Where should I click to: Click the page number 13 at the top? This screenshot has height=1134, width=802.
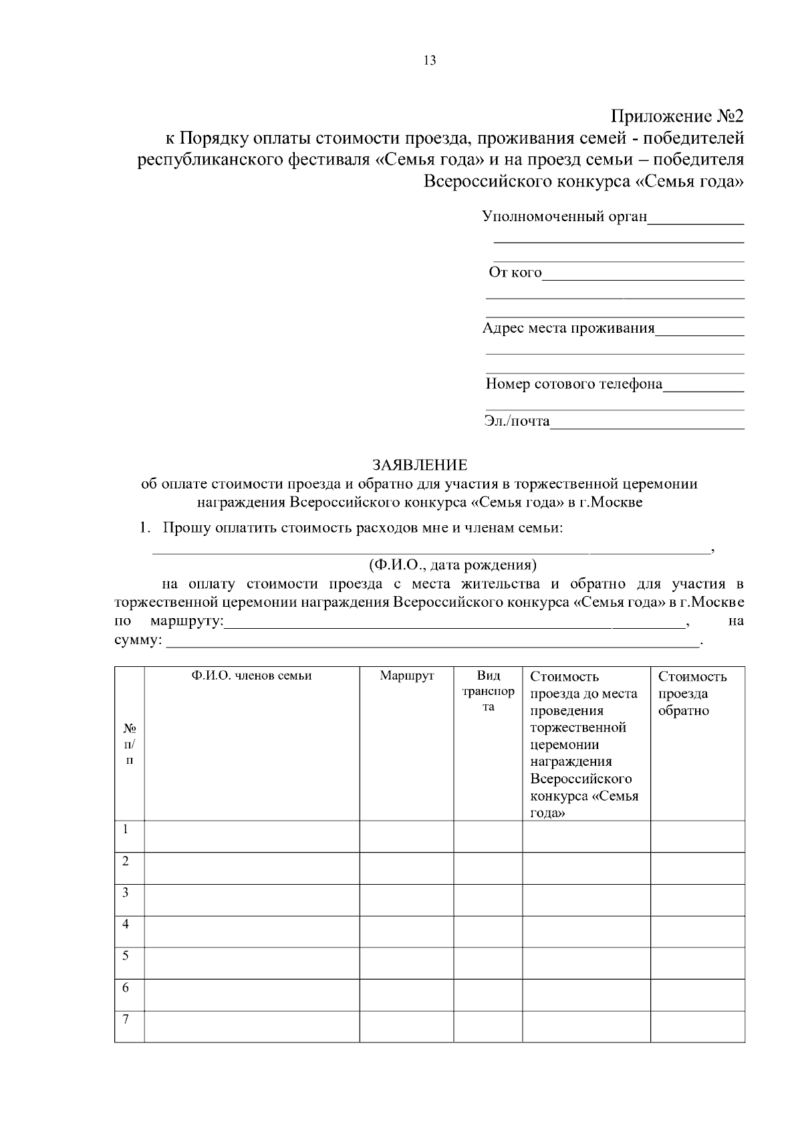coord(430,61)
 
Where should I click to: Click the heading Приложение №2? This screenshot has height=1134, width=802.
coord(677,116)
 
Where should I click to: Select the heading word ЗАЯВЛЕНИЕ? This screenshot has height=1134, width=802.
coord(420,464)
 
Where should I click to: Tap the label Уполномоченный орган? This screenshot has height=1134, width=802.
coord(565,217)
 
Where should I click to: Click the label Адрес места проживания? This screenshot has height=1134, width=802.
coord(569,328)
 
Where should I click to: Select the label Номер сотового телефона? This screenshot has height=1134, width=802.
coord(573,384)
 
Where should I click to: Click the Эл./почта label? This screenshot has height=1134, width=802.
coord(517,421)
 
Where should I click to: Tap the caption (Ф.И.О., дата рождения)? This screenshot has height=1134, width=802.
coord(452,565)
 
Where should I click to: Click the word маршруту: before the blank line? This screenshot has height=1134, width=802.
coord(188,621)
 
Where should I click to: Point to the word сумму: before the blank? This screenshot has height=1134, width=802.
coord(138,640)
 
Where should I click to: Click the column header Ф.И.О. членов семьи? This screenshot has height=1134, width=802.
coord(251,676)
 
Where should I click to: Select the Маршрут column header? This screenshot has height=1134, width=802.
coord(406,676)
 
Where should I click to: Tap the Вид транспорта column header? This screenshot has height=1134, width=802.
coord(488,692)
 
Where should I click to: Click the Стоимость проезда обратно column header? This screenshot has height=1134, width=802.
coord(692,693)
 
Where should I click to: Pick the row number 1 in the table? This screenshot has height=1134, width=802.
coord(126,829)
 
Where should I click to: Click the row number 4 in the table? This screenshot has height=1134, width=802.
coord(126,924)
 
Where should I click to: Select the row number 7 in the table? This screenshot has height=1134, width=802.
coord(126,1019)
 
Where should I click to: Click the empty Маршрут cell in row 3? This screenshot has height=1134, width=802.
coord(406,900)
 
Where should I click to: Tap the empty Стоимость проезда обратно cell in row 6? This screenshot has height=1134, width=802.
coord(697,995)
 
